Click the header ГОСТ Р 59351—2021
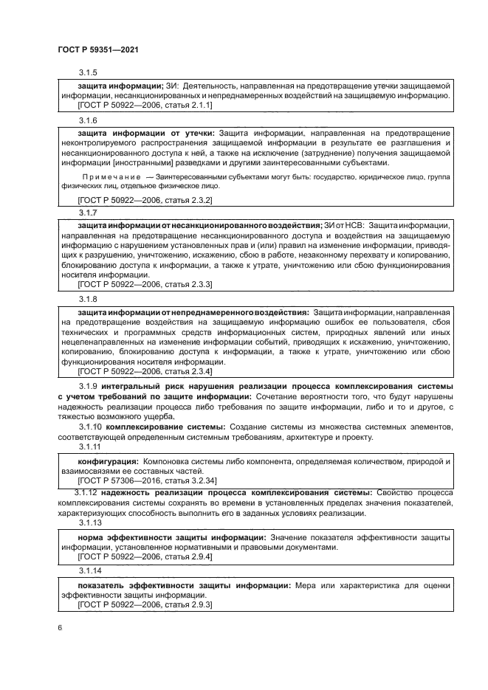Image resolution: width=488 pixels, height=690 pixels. [99, 49]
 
